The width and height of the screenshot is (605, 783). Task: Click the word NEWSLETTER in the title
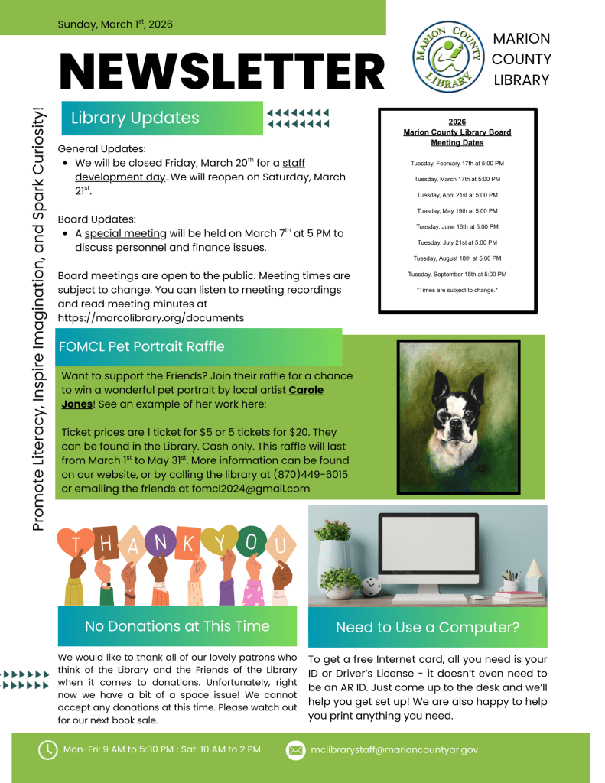click(222, 73)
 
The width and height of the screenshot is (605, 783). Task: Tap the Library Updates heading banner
click(162, 118)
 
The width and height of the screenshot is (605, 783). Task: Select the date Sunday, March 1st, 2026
click(115, 24)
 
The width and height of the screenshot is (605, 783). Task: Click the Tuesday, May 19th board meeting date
click(457, 211)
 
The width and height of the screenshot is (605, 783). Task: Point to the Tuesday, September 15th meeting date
click(457, 275)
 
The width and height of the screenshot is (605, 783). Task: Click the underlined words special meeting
click(125, 233)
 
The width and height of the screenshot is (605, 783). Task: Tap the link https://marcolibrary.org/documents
click(151, 317)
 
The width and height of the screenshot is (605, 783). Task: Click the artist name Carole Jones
click(191, 397)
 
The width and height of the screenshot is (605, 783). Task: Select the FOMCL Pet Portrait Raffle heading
click(142, 346)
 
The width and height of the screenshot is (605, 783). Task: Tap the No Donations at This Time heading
click(177, 626)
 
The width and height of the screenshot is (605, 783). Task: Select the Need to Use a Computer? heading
click(428, 628)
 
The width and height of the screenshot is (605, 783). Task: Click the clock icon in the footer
click(47, 749)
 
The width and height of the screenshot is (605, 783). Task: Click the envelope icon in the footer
click(295, 750)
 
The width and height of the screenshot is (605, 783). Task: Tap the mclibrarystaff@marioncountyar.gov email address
click(395, 750)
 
